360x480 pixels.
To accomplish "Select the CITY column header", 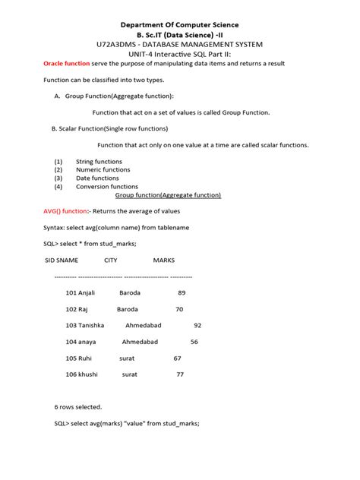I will (110, 261).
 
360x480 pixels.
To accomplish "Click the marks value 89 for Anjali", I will (182, 292).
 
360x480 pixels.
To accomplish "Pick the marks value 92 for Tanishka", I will (197, 325).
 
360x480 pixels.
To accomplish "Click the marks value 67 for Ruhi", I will (177, 358).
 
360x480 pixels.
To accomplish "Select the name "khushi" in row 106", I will (88, 374).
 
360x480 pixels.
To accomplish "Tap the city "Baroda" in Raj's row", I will (128, 309).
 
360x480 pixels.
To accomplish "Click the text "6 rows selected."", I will (77, 407).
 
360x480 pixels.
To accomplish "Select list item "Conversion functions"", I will (107, 186).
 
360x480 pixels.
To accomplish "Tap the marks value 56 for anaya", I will (194, 342).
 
